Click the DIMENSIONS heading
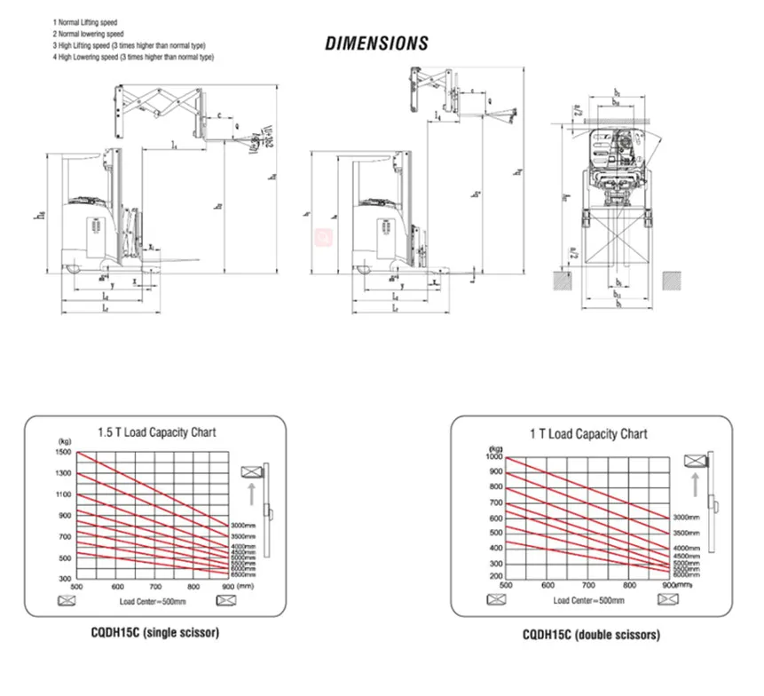(376, 43)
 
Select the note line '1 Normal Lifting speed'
(86, 20)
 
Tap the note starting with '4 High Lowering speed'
(134, 57)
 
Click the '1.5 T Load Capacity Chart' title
(156, 432)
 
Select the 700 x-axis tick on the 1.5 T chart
(156, 587)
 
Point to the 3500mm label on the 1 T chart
(686, 532)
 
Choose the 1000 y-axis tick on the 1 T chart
(494, 456)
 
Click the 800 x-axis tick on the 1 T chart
(628, 585)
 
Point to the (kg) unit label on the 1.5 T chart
(63, 441)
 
